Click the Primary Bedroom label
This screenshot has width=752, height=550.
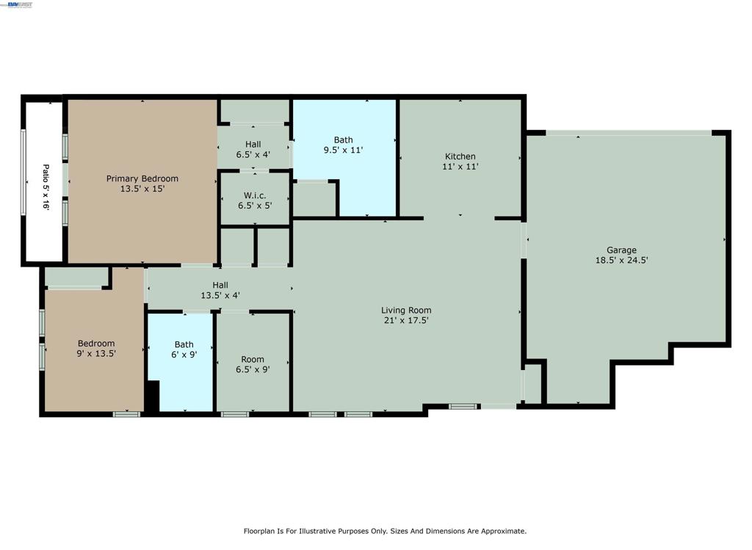coord(142,178)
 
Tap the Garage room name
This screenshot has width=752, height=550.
coord(621,250)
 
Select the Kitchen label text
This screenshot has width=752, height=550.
coord(460,156)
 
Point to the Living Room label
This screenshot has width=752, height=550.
coord(406,310)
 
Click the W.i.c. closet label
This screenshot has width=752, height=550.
coord(255,195)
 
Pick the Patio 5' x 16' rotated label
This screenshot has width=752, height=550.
coord(46,187)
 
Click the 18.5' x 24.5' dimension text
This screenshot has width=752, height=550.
coord(622,261)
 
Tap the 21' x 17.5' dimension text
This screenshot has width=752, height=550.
coord(406,320)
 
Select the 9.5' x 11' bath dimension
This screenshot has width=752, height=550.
coord(344,150)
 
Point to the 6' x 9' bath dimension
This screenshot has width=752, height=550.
coord(184,355)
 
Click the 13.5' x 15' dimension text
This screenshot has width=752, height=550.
coord(142,189)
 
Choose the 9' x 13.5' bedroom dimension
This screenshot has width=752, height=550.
coord(96,354)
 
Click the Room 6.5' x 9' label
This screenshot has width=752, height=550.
coord(253,364)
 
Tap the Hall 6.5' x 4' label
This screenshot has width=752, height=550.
coord(253,150)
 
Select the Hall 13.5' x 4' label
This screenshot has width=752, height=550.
coord(220,290)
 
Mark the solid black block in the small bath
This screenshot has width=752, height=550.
coord(152,396)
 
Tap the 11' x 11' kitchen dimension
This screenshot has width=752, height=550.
coord(460,167)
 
